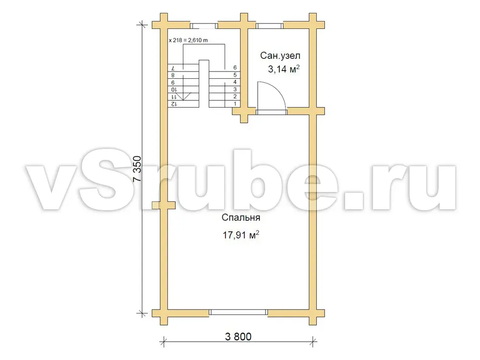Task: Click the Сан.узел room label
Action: [x=280, y=56]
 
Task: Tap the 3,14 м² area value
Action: [x=284, y=69]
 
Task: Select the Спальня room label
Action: [x=241, y=217]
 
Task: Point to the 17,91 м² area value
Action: [x=241, y=235]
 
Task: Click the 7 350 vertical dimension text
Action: [x=138, y=169]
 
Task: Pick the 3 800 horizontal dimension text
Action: [x=238, y=337]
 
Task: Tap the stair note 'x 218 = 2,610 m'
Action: [x=188, y=40]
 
